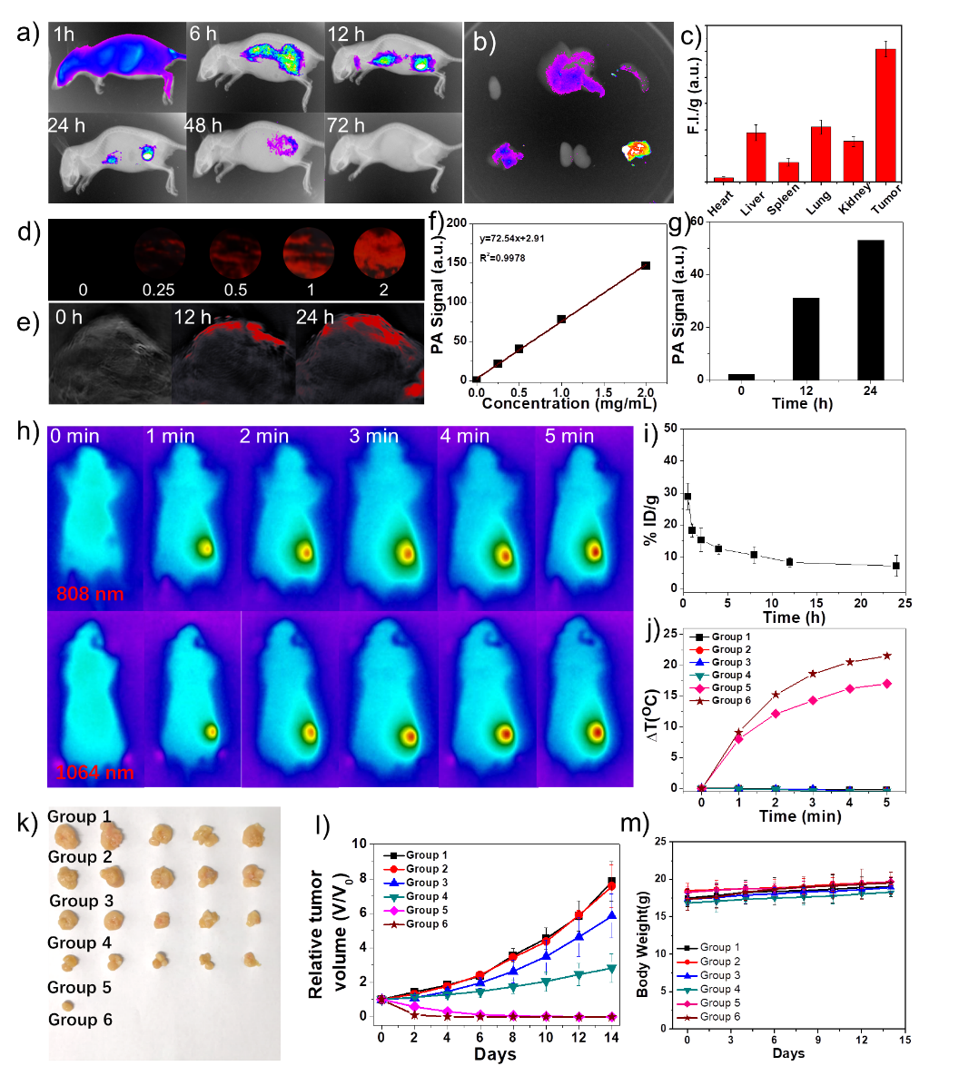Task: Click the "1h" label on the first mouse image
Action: click(64, 35)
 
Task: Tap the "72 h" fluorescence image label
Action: click(346, 125)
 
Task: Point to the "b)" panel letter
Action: click(485, 43)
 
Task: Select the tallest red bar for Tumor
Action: click(885, 114)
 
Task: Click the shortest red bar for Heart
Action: click(724, 179)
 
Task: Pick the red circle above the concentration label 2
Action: click(379, 253)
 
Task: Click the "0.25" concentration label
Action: click(159, 290)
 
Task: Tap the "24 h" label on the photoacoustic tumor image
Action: click(314, 318)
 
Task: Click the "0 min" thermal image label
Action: click(75, 437)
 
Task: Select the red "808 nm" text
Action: click(90, 595)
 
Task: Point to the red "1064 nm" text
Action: click(94, 773)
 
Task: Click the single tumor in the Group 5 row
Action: click(68, 1005)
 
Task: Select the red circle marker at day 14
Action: click(612, 886)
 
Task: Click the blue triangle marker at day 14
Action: click(612, 916)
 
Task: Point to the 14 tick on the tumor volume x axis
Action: click(612, 1037)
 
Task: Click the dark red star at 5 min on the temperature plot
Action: click(886, 656)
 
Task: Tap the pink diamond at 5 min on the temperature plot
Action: click(886, 684)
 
